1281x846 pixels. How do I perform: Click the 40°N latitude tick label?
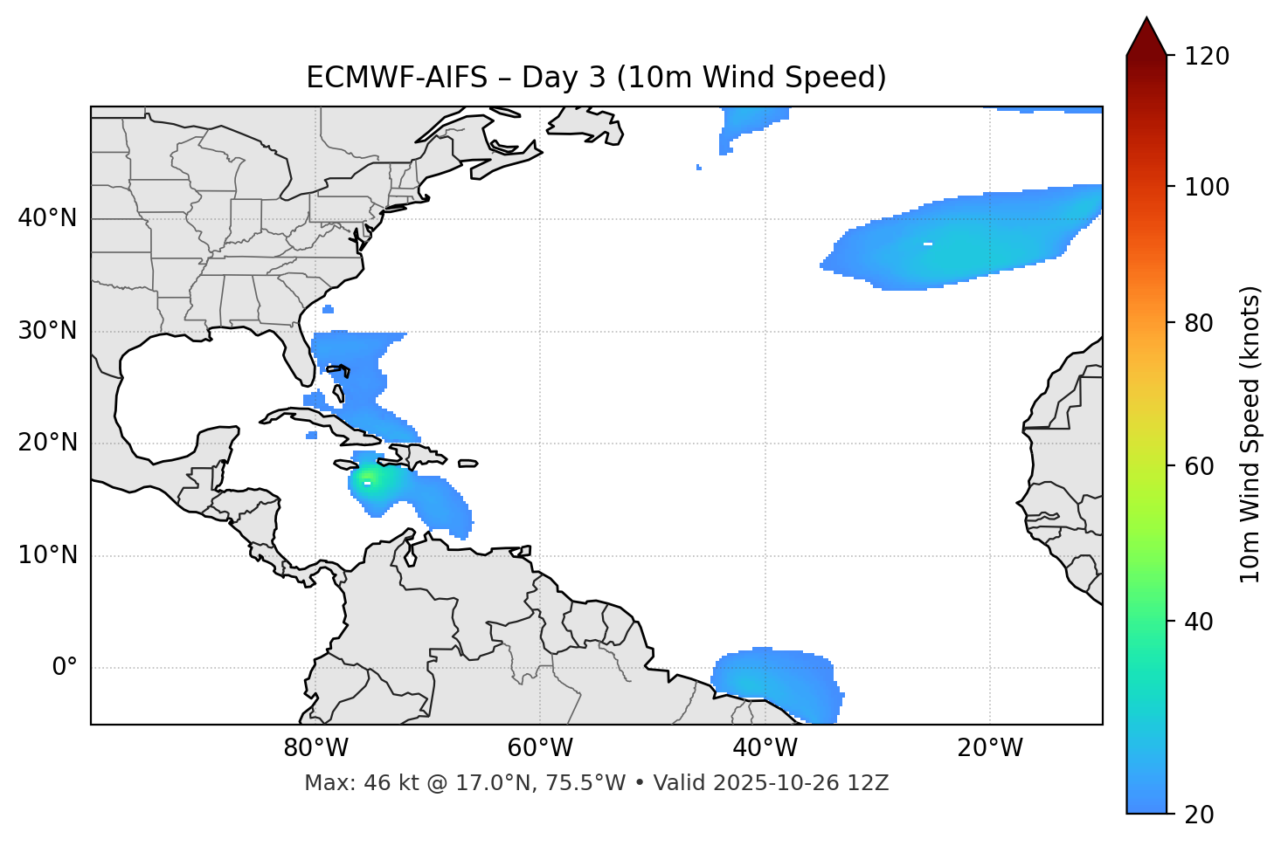click(x=47, y=218)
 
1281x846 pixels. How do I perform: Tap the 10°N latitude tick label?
click(x=47, y=555)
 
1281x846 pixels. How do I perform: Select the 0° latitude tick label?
click(x=64, y=668)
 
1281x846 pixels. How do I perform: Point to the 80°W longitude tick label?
click(x=315, y=748)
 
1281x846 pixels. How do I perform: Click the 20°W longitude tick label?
click(x=990, y=748)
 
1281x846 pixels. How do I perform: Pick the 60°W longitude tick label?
click(x=540, y=748)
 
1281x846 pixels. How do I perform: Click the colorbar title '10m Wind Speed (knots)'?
click(x=1250, y=435)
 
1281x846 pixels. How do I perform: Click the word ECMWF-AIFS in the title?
click(x=397, y=78)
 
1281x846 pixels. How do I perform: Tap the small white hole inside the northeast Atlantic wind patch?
click(x=928, y=244)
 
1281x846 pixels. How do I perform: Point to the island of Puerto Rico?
click(x=467, y=463)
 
